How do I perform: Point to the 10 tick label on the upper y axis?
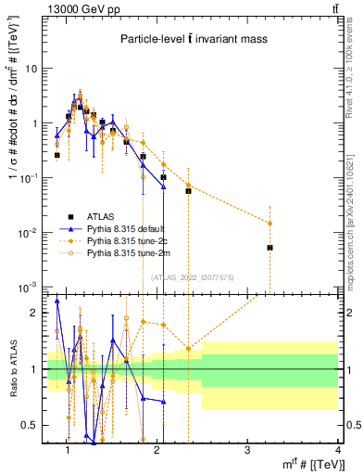[32, 69]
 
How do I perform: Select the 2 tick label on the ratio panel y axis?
[34, 313]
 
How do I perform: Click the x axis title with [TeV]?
[304, 465]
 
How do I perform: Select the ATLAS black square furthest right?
[270, 248]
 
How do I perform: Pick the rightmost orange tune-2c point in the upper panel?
[270, 223]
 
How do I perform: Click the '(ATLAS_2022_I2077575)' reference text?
[193, 276]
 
